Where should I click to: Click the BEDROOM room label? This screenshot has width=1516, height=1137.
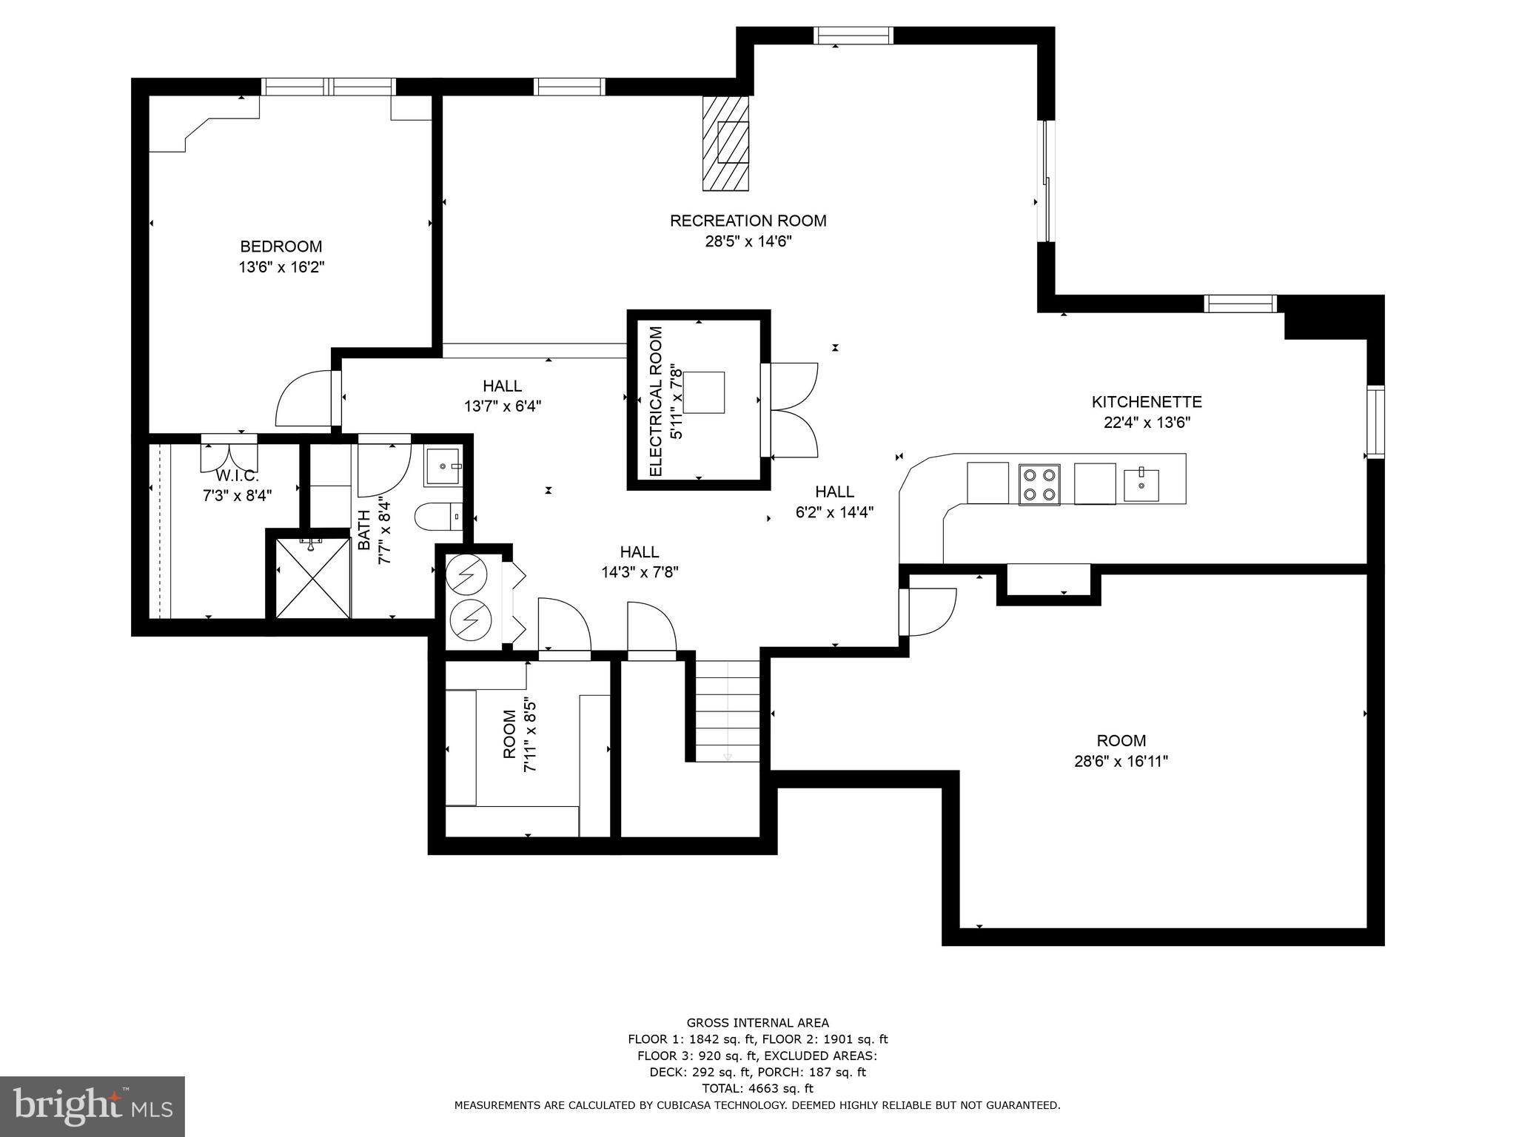[x=281, y=246]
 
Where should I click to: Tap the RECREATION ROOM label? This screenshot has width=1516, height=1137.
[x=748, y=221]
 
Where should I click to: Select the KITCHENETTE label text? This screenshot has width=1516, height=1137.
[x=1146, y=402]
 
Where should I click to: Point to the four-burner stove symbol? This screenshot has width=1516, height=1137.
[x=1039, y=485]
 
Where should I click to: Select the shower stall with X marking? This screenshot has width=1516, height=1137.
[x=312, y=578]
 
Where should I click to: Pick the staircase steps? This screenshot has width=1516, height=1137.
[x=728, y=711]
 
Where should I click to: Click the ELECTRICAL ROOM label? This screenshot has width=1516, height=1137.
[x=655, y=400]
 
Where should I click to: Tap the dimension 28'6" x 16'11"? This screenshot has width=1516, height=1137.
[x=1121, y=761]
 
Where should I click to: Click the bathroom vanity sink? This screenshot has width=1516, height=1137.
[x=442, y=467]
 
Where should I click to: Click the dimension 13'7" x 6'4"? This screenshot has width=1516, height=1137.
[x=502, y=406]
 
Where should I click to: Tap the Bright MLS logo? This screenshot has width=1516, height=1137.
[x=92, y=1106]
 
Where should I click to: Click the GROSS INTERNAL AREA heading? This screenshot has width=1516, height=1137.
[x=757, y=1023]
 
